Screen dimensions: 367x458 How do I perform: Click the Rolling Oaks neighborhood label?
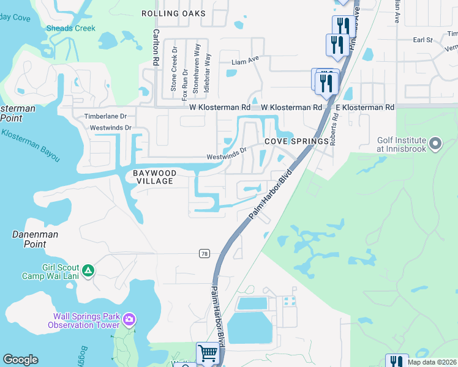(x=173, y=13)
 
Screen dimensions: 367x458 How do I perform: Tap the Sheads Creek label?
(x=72, y=28)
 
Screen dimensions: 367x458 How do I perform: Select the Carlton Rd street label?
(x=156, y=46)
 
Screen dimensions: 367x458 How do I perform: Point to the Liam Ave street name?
(x=246, y=62)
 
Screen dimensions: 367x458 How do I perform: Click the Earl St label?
(x=422, y=40)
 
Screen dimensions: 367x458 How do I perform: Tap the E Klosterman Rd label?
(x=365, y=107)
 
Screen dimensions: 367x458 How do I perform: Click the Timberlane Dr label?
(x=105, y=116)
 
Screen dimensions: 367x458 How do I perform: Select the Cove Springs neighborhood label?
(x=297, y=141)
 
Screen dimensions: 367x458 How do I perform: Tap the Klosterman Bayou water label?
(x=31, y=145)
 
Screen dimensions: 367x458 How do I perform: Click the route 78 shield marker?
(x=204, y=253)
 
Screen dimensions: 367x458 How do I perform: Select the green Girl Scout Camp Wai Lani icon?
(x=88, y=270)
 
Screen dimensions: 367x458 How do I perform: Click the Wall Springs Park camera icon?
(x=129, y=319)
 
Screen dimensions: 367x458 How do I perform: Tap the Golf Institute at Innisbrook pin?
(x=435, y=144)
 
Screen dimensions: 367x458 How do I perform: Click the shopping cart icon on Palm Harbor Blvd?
(x=208, y=353)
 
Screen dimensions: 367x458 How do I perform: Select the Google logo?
(x=20, y=360)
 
